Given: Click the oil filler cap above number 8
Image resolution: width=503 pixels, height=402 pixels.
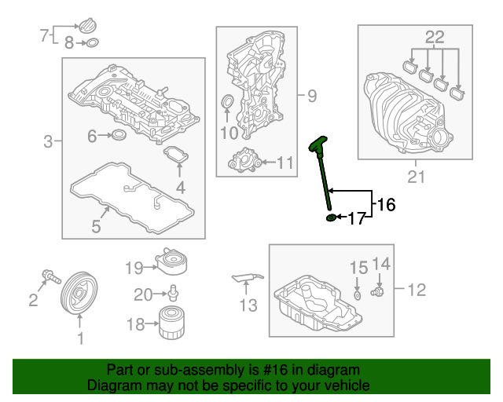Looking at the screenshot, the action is pyautogui.click(x=87, y=26).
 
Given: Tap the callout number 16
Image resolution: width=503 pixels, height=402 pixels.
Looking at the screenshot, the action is pyautogui.click(x=386, y=204).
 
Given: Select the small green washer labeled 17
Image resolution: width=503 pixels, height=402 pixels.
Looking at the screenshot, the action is pyautogui.click(x=331, y=217).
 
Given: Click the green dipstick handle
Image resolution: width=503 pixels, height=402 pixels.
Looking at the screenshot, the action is pyautogui.click(x=318, y=144).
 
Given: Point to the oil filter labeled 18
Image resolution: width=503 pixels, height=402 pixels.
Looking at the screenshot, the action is pyautogui.click(x=172, y=323).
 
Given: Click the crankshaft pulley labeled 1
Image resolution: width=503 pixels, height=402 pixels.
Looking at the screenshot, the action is pyautogui.click(x=79, y=294).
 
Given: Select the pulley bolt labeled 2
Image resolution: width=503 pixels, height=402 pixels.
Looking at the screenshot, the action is pyautogui.click(x=51, y=276).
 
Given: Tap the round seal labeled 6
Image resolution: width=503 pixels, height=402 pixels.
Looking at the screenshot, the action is pyautogui.click(x=119, y=134).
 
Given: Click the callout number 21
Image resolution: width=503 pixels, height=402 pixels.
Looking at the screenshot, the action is pyautogui.click(x=416, y=177).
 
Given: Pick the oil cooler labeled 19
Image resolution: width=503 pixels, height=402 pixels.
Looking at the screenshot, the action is pyautogui.click(x=171, y=261).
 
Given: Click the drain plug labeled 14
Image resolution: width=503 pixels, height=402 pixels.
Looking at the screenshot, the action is pyautogui.click(x=377, y=292).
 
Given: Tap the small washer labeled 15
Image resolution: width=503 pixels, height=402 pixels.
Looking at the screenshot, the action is pyautogui.click(x=358, y=295).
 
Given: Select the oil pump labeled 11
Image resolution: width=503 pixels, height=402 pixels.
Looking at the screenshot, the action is pyautogui.click(x=244, y=160).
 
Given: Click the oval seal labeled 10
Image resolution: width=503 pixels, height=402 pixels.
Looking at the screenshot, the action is pyautogui.click(x=227, y=102).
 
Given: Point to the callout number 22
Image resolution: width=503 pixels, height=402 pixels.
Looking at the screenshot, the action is pyautogui.click(x=435, y=37).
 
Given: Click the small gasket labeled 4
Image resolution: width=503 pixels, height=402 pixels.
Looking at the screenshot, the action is pyautogui.click(x=176, y=155).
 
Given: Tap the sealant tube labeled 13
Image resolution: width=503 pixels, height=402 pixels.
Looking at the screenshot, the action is pyautogui.click(x=248, y=278).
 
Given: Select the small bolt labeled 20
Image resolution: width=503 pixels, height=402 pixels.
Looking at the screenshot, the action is pyautogui.click(x=174, y=293).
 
